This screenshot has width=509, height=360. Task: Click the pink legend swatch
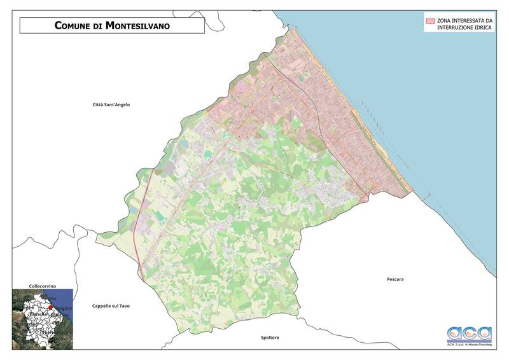[430, 20]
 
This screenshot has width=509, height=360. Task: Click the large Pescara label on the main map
[395, 279]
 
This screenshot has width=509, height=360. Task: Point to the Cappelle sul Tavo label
[111, 306]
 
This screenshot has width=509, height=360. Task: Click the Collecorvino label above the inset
[44, 286]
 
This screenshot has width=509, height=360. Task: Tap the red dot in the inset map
[52, 307]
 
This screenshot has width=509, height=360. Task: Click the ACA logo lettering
[470, 333]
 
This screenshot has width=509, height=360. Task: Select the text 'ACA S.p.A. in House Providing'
[470, 343]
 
